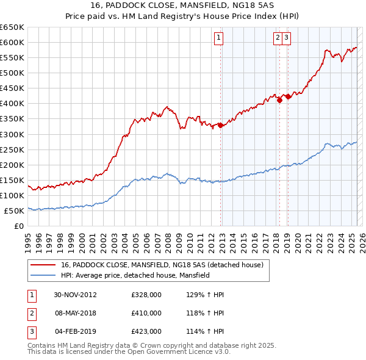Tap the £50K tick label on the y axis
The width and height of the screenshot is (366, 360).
tap(15, 211)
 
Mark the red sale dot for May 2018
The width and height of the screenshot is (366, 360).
tap(279, 101)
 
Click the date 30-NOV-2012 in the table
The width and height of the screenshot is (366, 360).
tap(76, 295)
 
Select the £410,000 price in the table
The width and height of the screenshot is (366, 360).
tap(146, 313)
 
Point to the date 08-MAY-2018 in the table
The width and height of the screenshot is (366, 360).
tap(76, 313)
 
